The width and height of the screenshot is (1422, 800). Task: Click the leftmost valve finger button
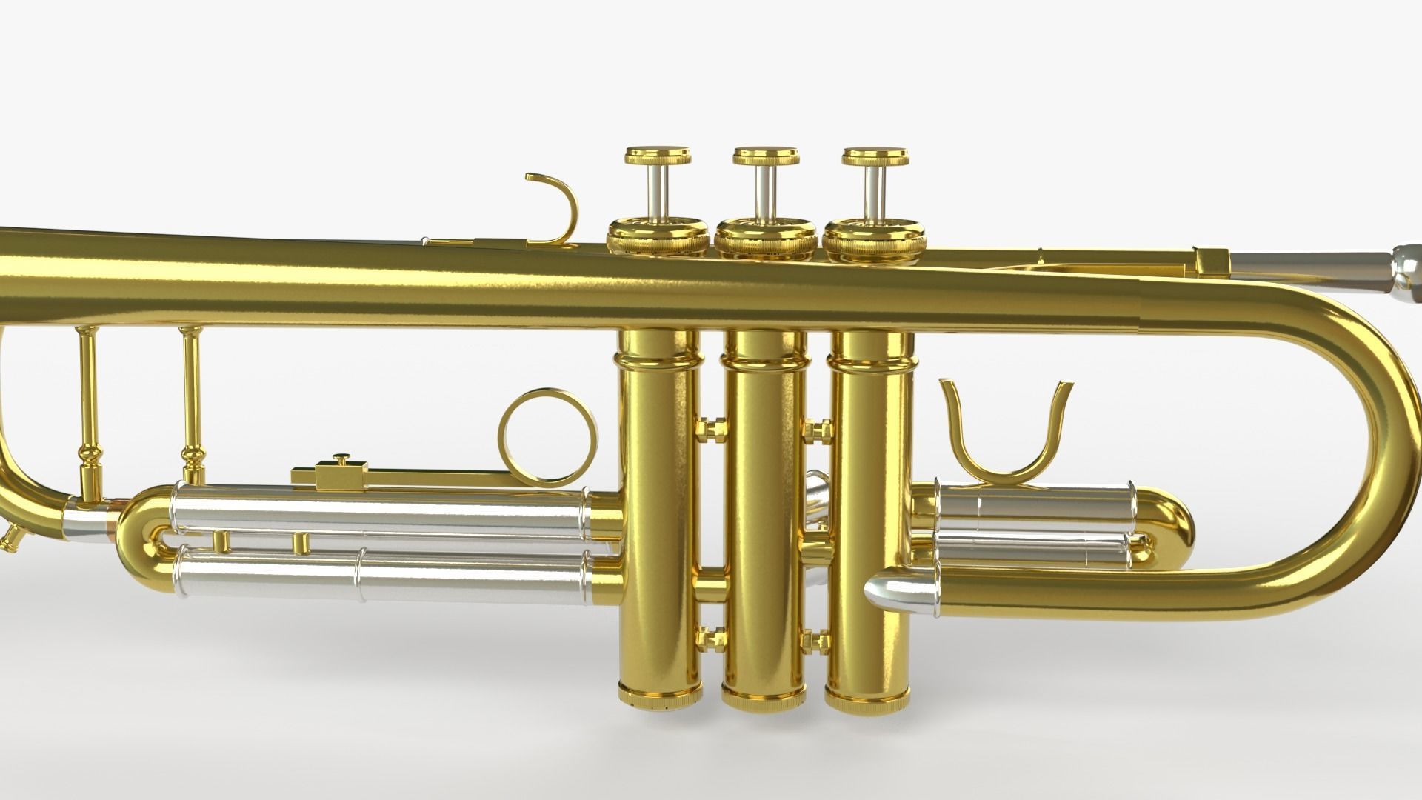click(x=658, y=158)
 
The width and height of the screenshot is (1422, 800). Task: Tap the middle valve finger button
click(x=767, y=158)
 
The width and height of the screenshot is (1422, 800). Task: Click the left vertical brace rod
click(x=90, y=415)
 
